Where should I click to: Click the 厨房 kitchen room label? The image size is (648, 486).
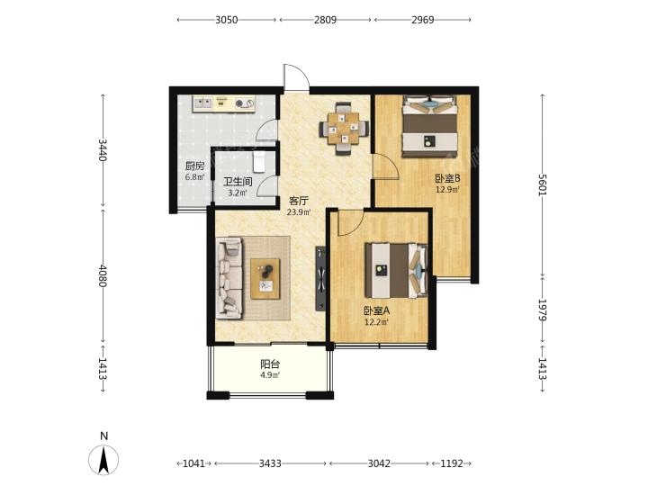(x=194, y=166)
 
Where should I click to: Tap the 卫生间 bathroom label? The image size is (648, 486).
(x=238, y=182)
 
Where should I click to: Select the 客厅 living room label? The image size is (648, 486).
(x=299, y=202)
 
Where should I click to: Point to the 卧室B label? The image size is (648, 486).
(x=447, y=178)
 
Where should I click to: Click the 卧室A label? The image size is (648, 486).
(x=376, y=310)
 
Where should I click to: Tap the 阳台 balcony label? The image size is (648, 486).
(x=270, y=364)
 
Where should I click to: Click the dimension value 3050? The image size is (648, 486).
(x=227, y=20)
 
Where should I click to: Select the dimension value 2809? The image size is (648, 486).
(x=325, y=20)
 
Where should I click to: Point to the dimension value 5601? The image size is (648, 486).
(x=543, y=184)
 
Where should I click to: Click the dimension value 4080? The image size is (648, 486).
(x=103, y=275)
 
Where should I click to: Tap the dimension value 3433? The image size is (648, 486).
(x=270, y=463)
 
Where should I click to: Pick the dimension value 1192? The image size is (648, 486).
(x=452, y=463)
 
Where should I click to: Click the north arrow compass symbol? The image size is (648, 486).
(x=103, y=460)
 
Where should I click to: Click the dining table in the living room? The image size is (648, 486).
(x=344, y=129)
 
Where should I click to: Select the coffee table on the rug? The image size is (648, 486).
(x=265, y=279)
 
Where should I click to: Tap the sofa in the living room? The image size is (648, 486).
(x=229, y=278)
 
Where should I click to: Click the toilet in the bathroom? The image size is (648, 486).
(x=258, y=162)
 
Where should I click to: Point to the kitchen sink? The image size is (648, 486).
(x=202, y=103)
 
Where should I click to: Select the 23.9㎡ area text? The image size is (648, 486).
(x=299, y=212)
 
